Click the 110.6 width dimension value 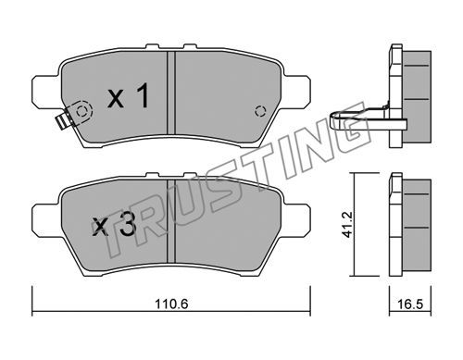coord(171,304)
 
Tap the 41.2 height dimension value coord(348,224)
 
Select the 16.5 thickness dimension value coord(410,304)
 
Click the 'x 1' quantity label coord(129,96)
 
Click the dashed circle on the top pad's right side coord(260,111)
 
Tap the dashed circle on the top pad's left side coord(81,111)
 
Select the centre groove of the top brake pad coord(171,93)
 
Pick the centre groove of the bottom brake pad coord(171,221)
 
